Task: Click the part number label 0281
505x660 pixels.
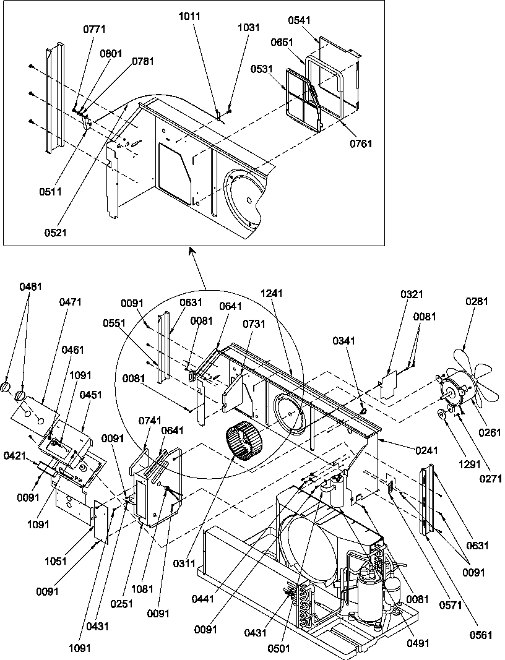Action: point(477,302)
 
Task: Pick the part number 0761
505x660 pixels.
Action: point(360,144)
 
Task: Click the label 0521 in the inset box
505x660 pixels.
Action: point(56,233)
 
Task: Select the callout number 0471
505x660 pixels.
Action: point(71,302)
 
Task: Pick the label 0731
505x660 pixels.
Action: point(253,324)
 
